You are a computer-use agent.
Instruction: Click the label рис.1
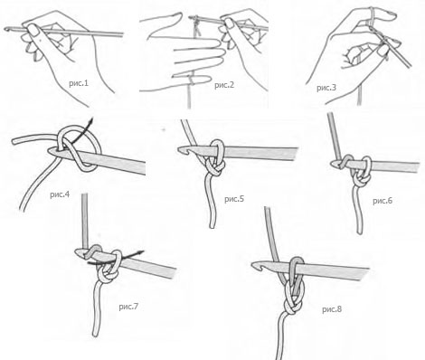(79, 83)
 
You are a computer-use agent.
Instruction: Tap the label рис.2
(224, 85)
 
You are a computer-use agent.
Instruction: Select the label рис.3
(326, 88)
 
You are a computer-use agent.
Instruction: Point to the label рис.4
(60, 194)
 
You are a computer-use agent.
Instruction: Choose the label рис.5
(234, 199)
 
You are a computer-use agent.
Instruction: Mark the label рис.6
(382, 201)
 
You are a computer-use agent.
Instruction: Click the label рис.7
(128, 307)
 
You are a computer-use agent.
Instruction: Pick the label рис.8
(332, 309)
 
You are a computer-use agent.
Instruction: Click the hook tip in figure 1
(6, 29)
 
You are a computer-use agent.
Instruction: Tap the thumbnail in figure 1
(33, 30)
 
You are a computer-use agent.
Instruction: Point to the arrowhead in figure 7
(141, 252)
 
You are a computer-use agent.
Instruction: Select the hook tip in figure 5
(180, 149)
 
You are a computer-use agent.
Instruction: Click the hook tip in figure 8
(254, 265)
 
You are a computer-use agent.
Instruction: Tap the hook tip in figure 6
(333, 164)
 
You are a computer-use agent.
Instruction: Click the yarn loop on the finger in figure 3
(373, 14)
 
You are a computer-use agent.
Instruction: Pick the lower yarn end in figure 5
(212, 225)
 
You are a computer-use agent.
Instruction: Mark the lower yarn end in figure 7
(96, 334)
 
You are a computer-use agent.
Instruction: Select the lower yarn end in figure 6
(360, 231)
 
